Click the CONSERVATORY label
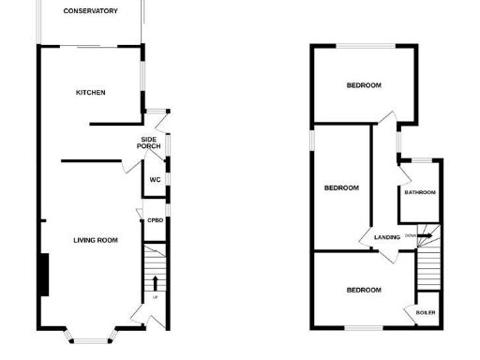pyautogui.click(x=90, y=11)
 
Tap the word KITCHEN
pyautogui.click(x=91, y=92)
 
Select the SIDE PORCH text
pyautogui.click(x=148, y=142)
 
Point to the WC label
pyautogui.click(x=153, y=179)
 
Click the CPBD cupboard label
pyautogui.click(x=155, y=220)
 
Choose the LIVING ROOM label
pyautogui.click(x=96, y=241)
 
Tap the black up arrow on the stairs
pyautogui.click(x=155, y=281)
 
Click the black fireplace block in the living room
pyautogui.click(x=43, y=273)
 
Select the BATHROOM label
pyautogui.click(x=420, y=193)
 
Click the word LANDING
pyautogui.click(x=386, y=237)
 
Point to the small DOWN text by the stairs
pyautogui.click(x=411, y=235)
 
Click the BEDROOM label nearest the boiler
pyautogui.click(x=364, y=290)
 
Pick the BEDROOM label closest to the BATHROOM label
pyautogui.click(x=341, y=187)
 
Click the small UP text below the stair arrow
pyautogui.click(x=155, y=297)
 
